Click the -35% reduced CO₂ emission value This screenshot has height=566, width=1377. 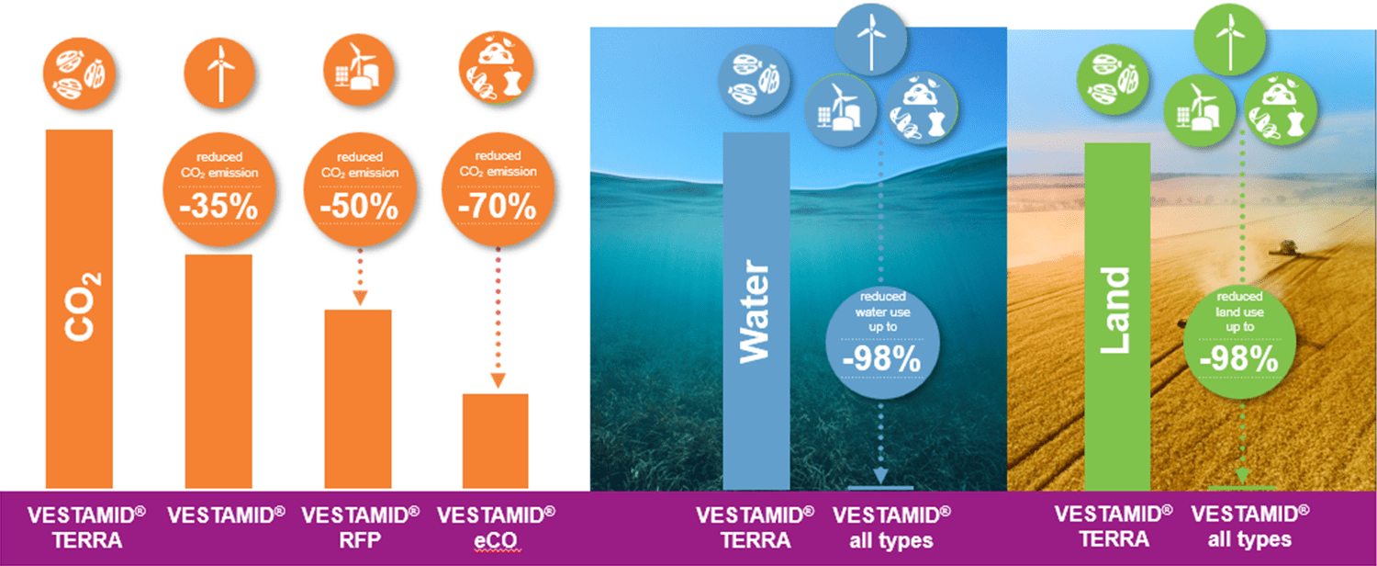pos(219,206)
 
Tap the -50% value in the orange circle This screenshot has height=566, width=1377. pos(360,206)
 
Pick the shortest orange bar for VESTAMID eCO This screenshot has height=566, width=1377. pos(496,441)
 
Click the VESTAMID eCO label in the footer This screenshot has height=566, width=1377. pos(497,526)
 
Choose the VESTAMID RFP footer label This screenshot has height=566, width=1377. pos(360,526)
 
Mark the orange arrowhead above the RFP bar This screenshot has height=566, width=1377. pos(359,298)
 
